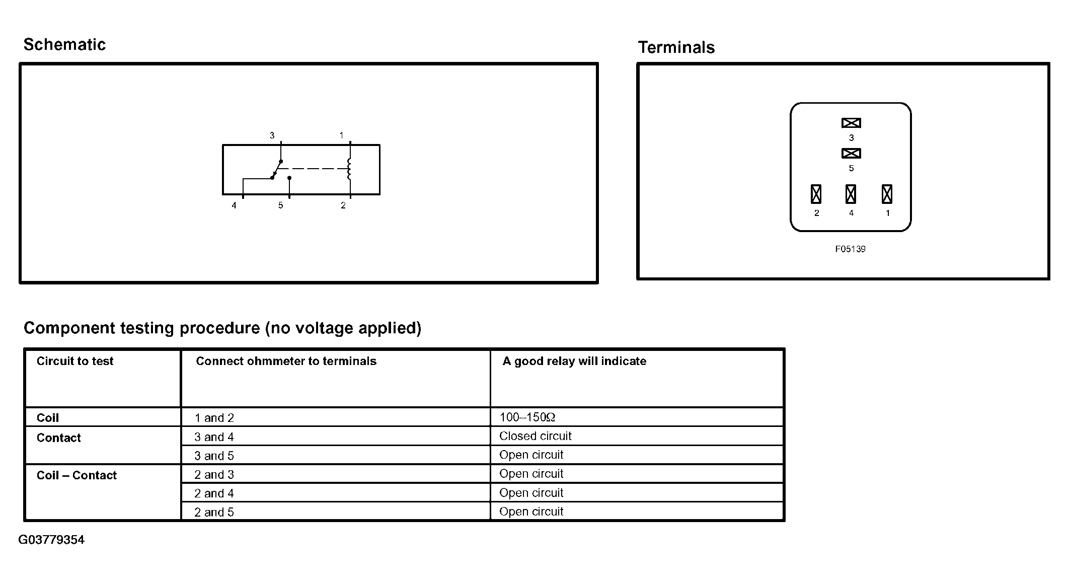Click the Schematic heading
(x=64, y=45)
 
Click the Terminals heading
(x=676, y=47)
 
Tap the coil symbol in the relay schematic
(x=349, y=169)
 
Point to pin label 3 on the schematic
(x=272, y=135)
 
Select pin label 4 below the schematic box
(x=234, y=205)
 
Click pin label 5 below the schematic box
(x=281, y=205)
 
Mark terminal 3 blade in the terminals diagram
(x=851, y=123)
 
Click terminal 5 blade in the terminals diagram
(x=851, y=153)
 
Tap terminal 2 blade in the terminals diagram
(x=816, y=194)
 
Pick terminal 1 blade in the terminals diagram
(x=887, y=194)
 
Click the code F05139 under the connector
(x=850, y=249)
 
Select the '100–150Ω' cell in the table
(x=527, y=417)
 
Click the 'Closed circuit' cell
(x=536, y=436)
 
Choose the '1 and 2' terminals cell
(x=214, y=418)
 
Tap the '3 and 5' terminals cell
(x=214, y=456)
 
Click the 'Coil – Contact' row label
(x=77, y=475)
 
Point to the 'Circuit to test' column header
(x=75, y=361)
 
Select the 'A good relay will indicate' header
(x=574, y=361)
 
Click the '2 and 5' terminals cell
(x=214, y=512)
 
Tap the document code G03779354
(x=51, y=540)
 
